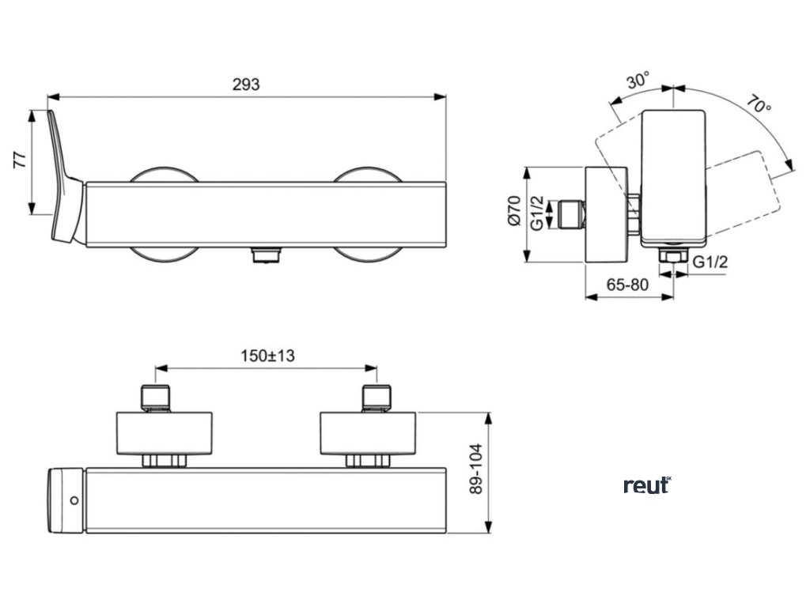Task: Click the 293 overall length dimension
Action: (246, 85)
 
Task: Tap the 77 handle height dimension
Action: (21, 160)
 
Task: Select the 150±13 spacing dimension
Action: (267, 356)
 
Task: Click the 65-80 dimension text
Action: (629, 285)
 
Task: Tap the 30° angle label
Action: (638, 81)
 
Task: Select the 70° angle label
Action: (758, 106)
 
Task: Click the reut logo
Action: (647, 484)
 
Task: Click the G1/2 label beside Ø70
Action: (537, 214)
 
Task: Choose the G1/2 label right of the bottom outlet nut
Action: (710, 262)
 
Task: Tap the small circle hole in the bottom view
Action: (74, 500)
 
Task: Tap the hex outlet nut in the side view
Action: (671, 258)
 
